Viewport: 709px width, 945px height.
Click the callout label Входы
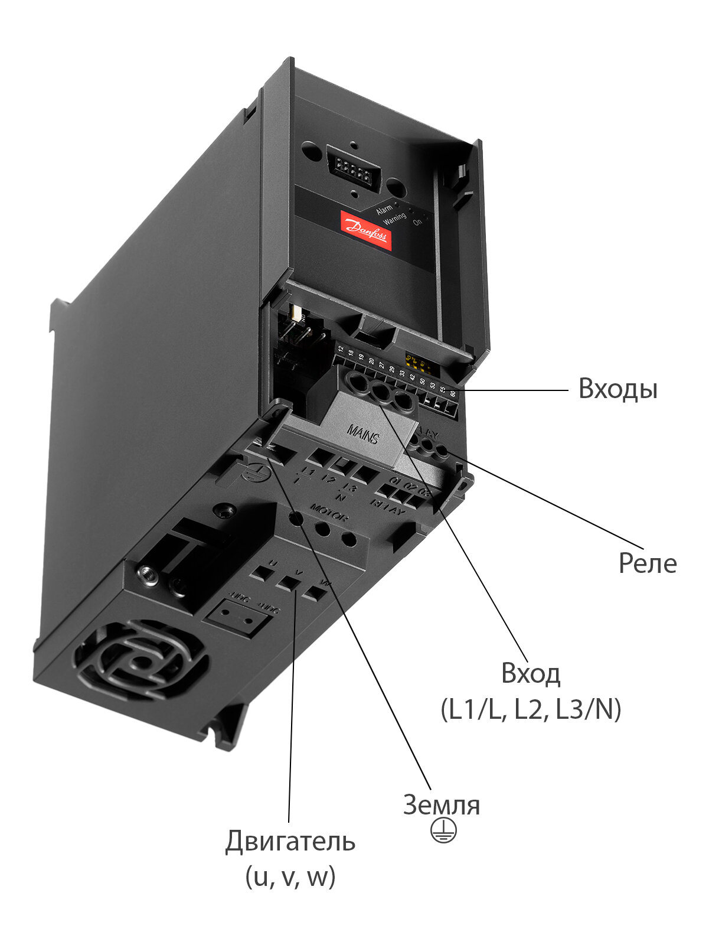[x=617, y=389]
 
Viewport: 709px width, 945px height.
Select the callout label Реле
[x=648, y=563]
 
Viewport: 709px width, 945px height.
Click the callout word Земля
[x=441, y=805]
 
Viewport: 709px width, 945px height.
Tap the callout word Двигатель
[x=290, y=841]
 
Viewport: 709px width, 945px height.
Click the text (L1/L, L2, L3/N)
[x=531, y=709]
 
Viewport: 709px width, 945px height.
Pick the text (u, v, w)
[x=290, y=876]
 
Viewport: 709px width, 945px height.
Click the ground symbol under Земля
[x=443, y=832]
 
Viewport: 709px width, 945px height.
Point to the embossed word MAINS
[x=362, y=435]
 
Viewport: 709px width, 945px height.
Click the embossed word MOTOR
[x=329, y=511]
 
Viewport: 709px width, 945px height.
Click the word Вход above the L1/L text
[x=530, y=673]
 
